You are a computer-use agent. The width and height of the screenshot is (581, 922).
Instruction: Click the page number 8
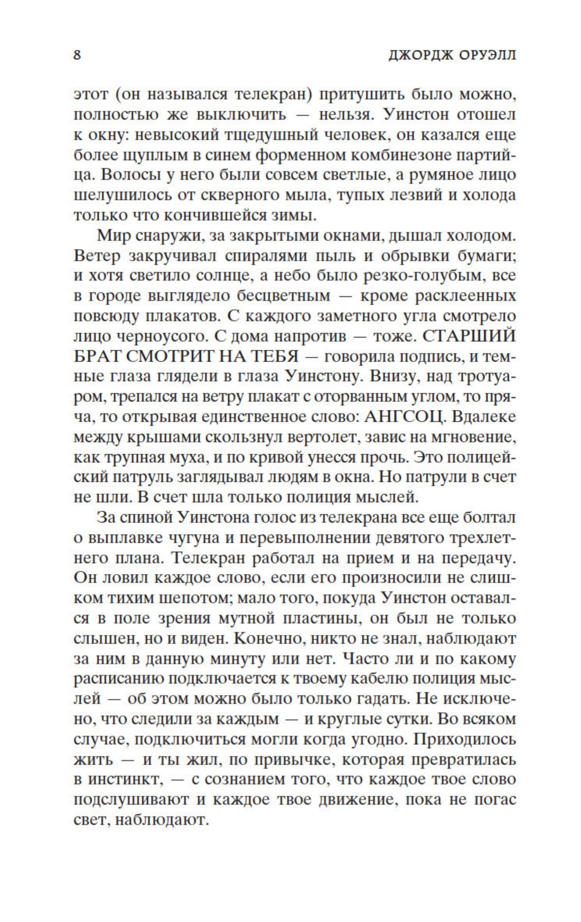click(x=77, y=55)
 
